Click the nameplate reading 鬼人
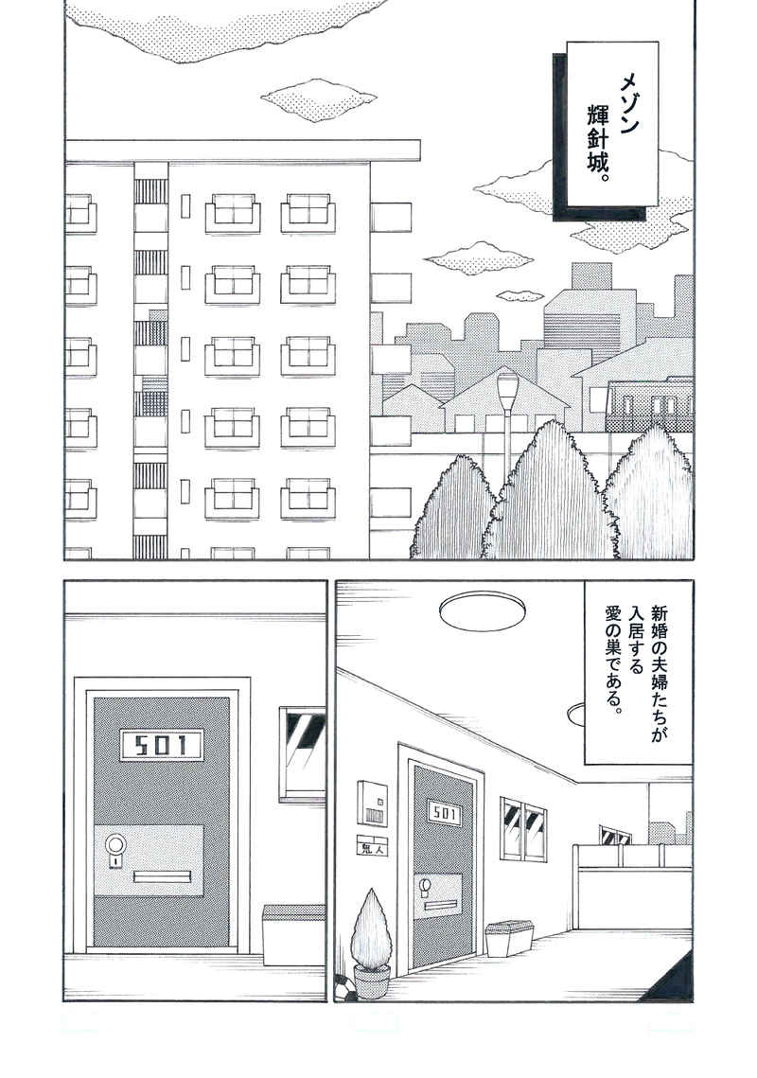click(373, 848)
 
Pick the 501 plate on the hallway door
click(444, 814)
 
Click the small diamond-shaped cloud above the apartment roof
click(318, 97)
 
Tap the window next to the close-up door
click(303, 753)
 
